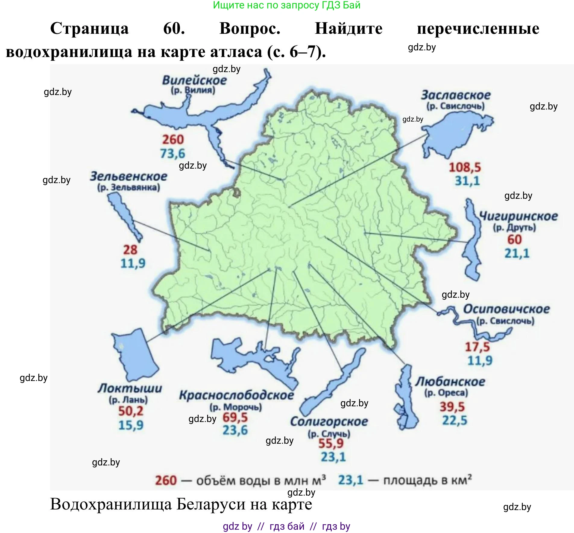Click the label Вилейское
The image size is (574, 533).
194,80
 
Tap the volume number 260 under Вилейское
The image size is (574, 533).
173,139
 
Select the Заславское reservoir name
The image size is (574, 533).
456,95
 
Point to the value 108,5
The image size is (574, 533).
465,167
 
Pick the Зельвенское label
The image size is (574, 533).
128,176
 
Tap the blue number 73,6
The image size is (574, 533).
172,154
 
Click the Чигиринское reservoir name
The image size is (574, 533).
518,216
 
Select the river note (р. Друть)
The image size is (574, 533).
514,227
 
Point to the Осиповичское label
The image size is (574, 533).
506,309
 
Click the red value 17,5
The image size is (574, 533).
477,347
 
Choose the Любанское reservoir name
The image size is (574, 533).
450,382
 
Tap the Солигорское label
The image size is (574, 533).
329,421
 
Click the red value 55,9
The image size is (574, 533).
331,443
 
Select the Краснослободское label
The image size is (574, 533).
236,395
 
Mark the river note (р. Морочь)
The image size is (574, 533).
236,407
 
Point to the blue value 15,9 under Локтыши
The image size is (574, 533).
131,425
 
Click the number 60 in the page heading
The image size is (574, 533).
174,28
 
